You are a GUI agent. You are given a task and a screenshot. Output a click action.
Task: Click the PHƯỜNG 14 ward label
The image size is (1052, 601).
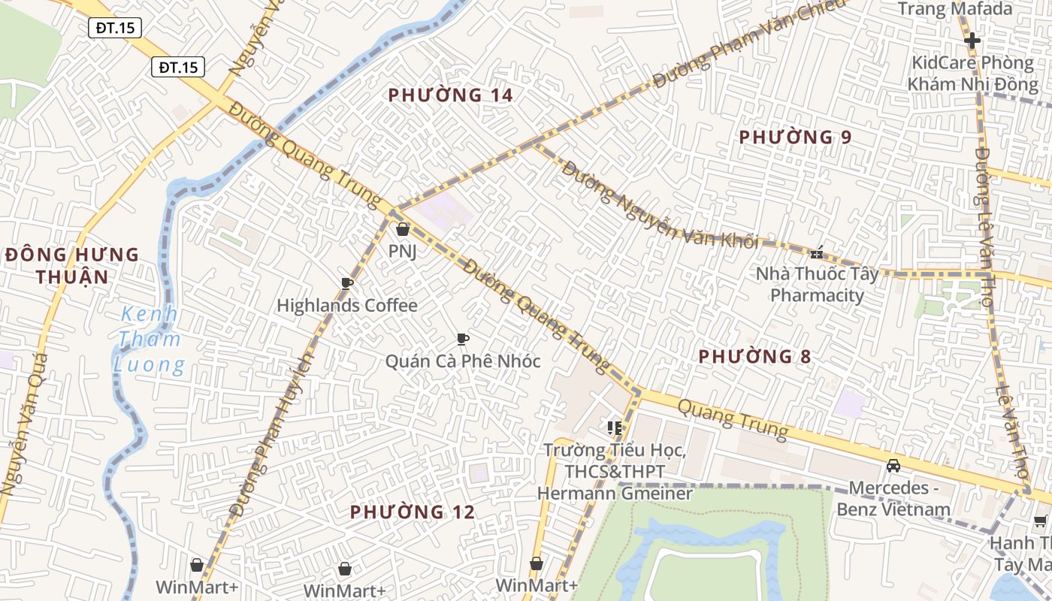tap(450, 95)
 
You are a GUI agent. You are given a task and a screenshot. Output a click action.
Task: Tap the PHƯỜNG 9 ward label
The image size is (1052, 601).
tap(795, 137)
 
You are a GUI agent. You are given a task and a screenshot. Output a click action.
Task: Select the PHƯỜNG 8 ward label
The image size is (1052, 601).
tap(754, 357)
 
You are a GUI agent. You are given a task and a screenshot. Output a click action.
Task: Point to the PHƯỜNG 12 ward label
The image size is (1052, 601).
tap(413, 512)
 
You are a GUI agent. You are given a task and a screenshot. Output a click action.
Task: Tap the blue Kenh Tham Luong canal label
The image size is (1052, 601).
tap(150, 340)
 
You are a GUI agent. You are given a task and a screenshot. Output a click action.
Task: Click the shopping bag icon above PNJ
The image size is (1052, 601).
tap(403, 229)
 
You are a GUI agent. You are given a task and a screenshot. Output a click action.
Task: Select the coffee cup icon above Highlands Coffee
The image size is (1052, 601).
tap(346, 283)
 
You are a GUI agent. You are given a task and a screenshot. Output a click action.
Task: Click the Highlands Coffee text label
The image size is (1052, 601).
tap(346, 306)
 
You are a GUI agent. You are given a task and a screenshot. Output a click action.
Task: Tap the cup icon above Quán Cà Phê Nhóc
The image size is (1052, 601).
tap(463, 339)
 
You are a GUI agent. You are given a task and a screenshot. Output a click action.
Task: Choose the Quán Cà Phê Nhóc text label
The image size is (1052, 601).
tap(463, 361)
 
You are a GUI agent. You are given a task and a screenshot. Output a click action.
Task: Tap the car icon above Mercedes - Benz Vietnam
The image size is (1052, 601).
tap(893, 466)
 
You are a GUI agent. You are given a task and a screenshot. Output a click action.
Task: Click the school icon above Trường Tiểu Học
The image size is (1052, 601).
tap(615, 428)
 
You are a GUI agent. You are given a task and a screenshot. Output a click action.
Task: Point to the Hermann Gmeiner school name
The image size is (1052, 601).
tap(615, 494)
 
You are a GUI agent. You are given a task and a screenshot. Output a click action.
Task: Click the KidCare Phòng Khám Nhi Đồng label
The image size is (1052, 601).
tap(972, 73)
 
